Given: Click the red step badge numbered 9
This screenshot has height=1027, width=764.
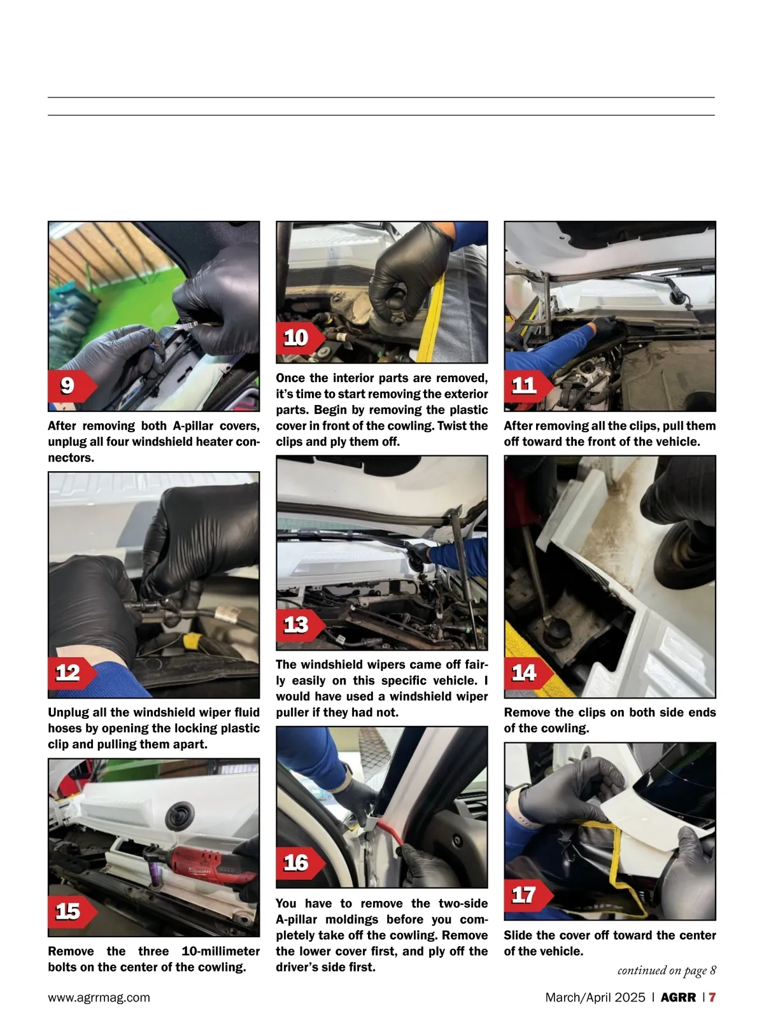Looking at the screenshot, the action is (72, 386).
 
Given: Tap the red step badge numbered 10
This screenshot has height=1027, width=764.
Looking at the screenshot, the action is (300, 338).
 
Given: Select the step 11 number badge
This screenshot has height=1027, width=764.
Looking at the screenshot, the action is (528, 386).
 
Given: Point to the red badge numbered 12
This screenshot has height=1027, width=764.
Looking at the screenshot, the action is (72, 673).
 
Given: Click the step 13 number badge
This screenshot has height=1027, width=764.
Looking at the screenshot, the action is (300, 625).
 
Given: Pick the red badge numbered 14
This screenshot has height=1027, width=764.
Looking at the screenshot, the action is (528, 673).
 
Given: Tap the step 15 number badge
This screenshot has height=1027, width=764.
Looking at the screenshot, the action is (72, 912).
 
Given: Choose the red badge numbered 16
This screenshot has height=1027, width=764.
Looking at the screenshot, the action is (300, 863).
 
